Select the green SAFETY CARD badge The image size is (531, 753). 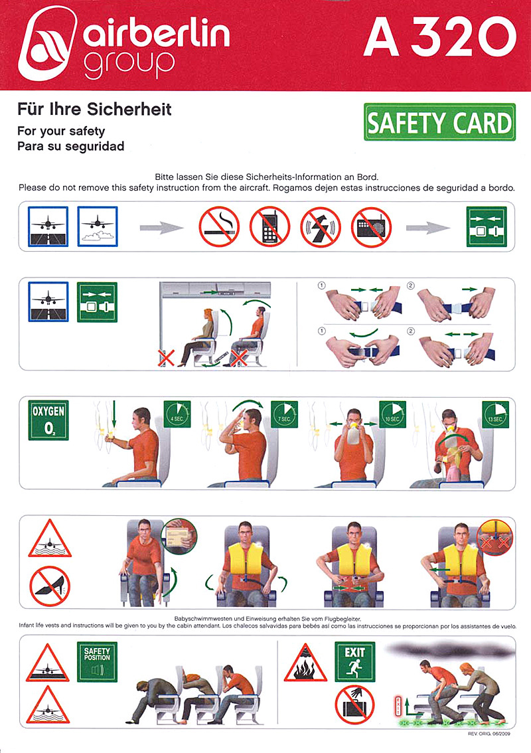coord(439,122)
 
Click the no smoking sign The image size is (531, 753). coord(220,226)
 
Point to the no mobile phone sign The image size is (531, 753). coord(270,226)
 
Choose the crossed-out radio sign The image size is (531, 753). coord(371,226)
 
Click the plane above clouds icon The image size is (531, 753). coord(98,226)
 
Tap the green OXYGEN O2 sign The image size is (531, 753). coord(48,420)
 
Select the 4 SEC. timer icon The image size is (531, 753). coord(177,414)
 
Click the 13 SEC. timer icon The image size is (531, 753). coord(495,414)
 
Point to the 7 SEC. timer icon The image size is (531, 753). coord(285,414)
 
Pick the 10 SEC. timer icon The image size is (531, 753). coord(393,414)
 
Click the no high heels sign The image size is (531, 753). coord(50,587)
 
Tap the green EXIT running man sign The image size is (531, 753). coord(355,661)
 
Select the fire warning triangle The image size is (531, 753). coord(306,664)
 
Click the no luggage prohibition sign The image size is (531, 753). coord(355,705)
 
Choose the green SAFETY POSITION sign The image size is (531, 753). coord(97,662)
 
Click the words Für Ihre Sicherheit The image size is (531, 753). coord(94,109)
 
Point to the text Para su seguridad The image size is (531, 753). coord(70,146)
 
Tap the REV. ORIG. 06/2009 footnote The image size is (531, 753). coord(489,734)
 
